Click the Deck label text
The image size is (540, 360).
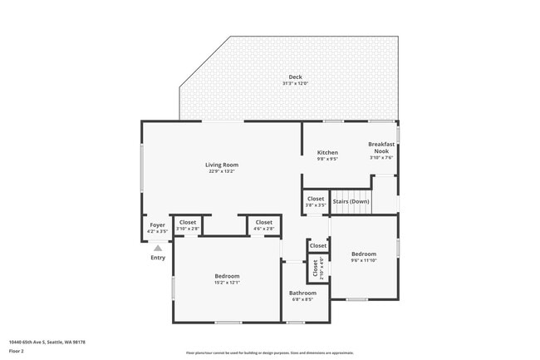[x=296, y=77]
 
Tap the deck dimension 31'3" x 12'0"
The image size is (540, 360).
[x=296, y=84]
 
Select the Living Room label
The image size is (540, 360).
[x=222, y=165]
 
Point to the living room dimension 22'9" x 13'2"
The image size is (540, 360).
[x=222, y=171]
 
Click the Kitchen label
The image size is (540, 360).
[x=327, y=152]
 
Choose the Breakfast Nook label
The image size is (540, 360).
[x=381, y=147]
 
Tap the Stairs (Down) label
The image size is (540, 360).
[x=351, y=201]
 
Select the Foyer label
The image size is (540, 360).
[x=157, y=225]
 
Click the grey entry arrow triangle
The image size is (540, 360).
[x=158, y=248]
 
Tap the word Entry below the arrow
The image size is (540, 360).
[x=158, y=258]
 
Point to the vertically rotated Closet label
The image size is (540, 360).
[x=316, y=269]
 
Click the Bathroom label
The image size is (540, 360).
[x=302, y=293]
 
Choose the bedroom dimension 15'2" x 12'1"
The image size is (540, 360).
[x=227, y=283]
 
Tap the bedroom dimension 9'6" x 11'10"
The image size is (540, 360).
[x=364, y=260]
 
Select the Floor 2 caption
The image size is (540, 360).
[x=17, y=351]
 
